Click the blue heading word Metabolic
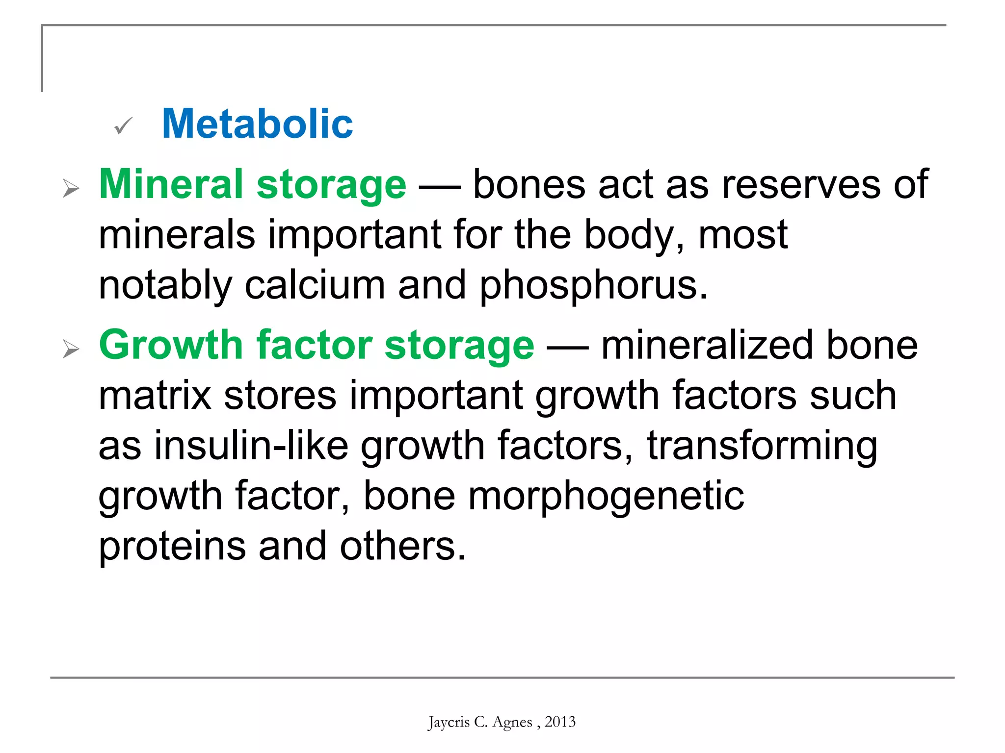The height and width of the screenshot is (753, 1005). [257, 124]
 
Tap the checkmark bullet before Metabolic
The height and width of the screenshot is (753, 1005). [123, 126]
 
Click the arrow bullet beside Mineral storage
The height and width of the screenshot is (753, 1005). [71, 188]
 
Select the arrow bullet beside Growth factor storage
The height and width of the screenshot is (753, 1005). [71, 349]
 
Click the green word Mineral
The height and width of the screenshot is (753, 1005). [171, 184]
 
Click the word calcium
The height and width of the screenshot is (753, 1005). [315, 286]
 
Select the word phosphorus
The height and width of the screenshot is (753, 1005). [593, 286]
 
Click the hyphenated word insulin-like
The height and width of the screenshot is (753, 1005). [252, 446]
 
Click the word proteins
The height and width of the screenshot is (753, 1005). [172, 547]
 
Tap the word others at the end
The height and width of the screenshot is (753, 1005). [402, 547]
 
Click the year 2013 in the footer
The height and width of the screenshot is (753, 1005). [560, 722]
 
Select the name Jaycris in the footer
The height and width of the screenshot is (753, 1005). [449, 723]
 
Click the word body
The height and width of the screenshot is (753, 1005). [634, 236]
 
